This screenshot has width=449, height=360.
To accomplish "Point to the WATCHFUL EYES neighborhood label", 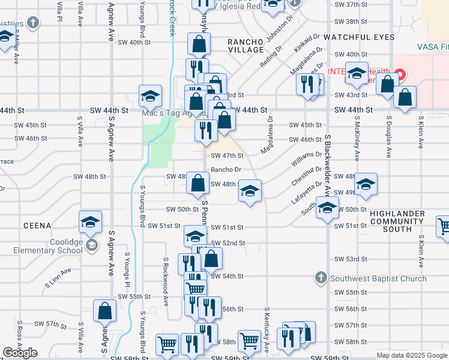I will (359, 37).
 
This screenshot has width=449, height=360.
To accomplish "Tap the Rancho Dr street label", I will (226, 170).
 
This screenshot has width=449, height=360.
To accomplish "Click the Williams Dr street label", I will (306, 158).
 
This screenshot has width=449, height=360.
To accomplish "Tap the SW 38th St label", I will (367, 21).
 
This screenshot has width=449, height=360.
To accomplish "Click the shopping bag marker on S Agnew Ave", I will (105, 312).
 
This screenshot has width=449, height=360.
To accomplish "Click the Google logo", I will (20, 353).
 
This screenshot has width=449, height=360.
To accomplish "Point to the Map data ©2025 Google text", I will (411, 355).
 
